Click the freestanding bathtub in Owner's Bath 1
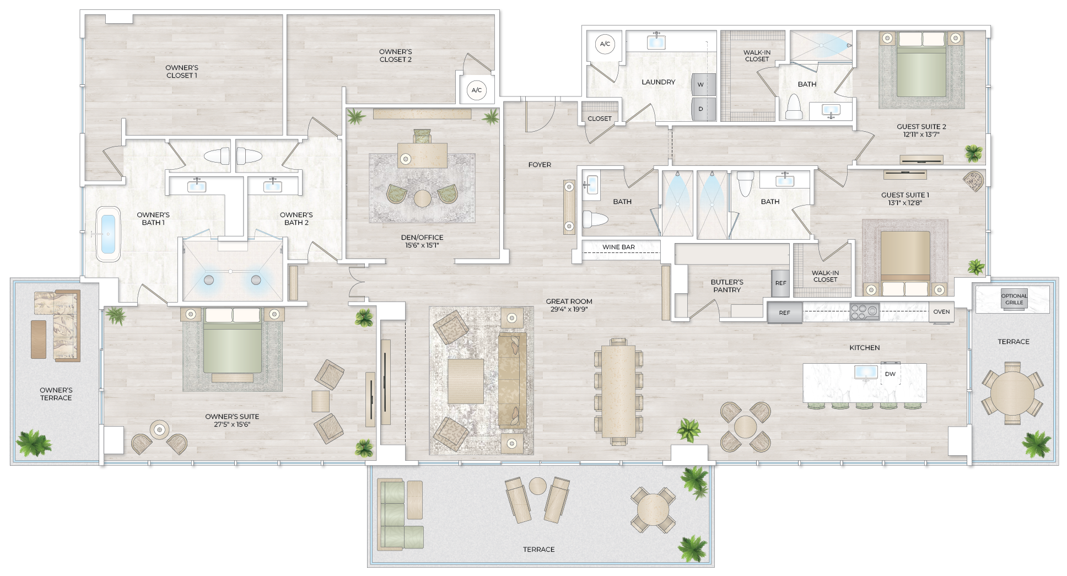coord(108,234)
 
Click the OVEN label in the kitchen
coord(941,312)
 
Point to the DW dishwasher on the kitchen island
coord(890,373)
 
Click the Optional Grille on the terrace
coord(1014,299)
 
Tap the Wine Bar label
coord(618,247)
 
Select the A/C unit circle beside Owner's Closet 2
coord(477,90)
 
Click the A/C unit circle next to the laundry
coord(605,44)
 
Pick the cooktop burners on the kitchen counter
coord(864,312)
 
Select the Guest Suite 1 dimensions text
coord(904,203)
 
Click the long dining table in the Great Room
coord(618,391)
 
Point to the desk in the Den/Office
coord(422,155)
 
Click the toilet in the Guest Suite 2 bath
coord(794,107)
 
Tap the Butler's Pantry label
coord(726,286)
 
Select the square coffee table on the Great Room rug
coord(466,381)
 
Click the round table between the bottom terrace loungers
coord(537,486)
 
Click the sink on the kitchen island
coord(866,373)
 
